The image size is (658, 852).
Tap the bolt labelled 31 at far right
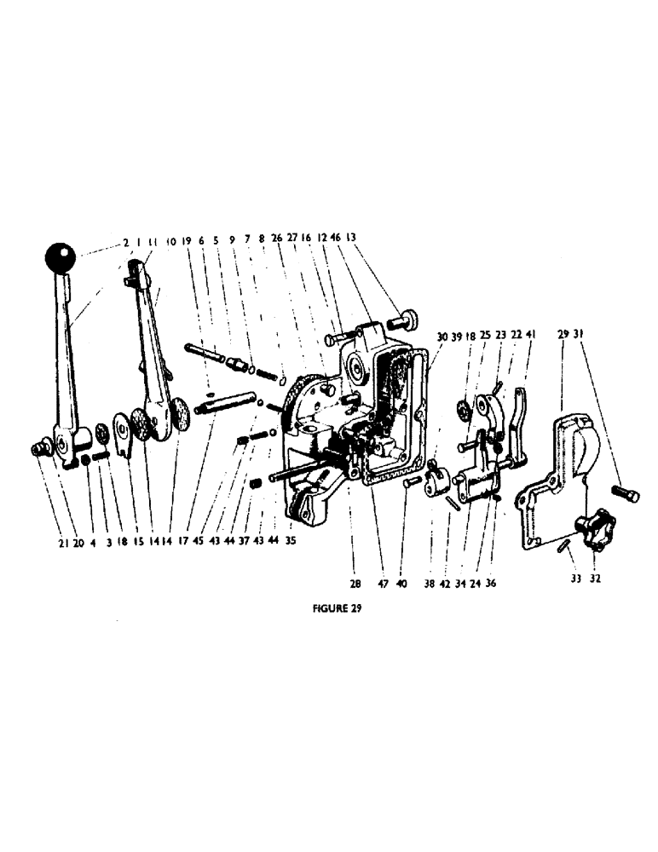(626, 493)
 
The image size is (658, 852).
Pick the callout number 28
(354, 585)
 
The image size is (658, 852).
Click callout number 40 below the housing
(401, 585)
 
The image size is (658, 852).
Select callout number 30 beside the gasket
(442, 337)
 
